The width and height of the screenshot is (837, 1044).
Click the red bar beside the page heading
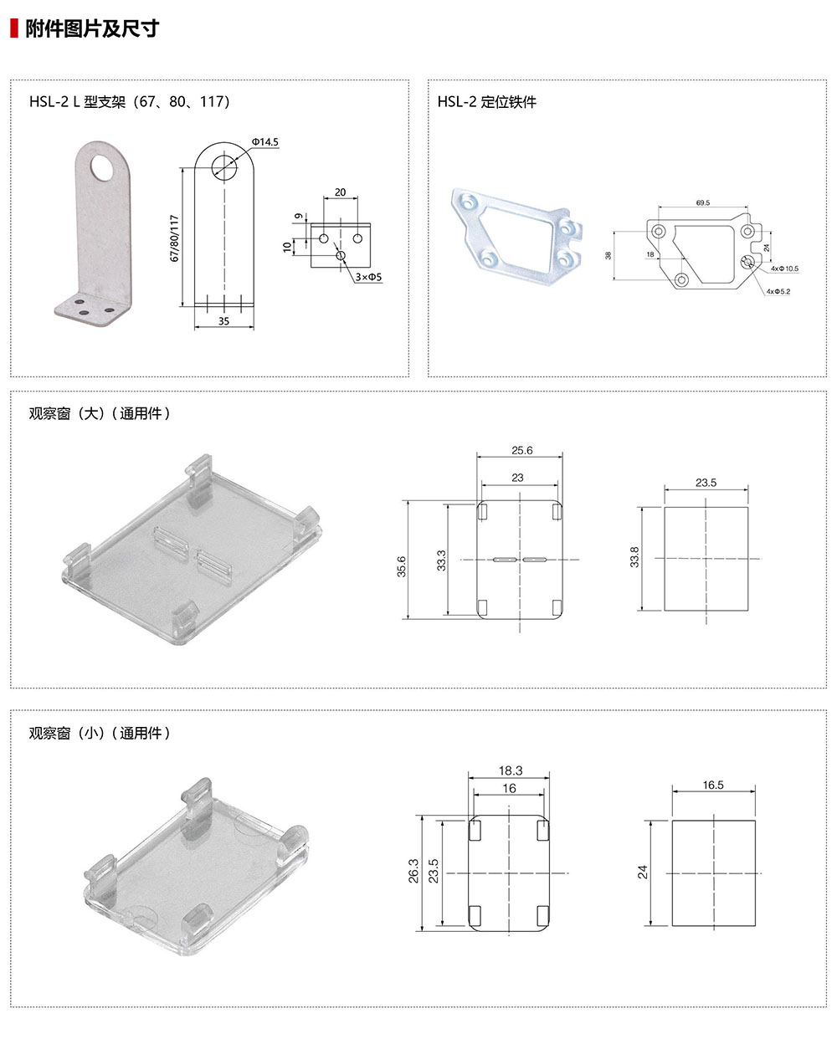pyautogui.click(x=13, y=28)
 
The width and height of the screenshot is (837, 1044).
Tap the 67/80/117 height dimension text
pyautogui.click(x=175, y=238)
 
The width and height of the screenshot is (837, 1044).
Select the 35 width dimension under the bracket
pyautogui.click(x=223, y=320)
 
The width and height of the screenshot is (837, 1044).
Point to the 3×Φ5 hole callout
pyautogui.click(x=368, y=276)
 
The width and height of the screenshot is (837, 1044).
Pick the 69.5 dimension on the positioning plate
pyautogui.click(x=703, y=202)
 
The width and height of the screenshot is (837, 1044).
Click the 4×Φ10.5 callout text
pyautogui.click(x=784, y=269)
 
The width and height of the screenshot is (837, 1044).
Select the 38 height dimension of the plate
pyautogui.click(x=608, y=255)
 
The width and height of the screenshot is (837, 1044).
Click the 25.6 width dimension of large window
pyautogui.click(x=521, y=450)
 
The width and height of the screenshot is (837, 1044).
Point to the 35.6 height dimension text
pyautogui.click(x=402, y=566)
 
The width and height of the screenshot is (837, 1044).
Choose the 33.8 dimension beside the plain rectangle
pyautogui.click(x=634, y=557)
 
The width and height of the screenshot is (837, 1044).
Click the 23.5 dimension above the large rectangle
pyautogui.click(x=706, y=483)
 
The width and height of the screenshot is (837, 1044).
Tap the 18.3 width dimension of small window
pyautogui.click(x=510, y=770)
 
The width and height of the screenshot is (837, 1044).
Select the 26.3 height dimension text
pyautogui.click(x=413, y=870)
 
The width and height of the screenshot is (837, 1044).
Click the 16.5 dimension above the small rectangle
pyautogui.click(x=713, y=785)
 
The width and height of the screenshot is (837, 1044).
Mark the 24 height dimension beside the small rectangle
pyautogui.click(x=643, y=872)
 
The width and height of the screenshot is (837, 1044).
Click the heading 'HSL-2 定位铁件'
pyautogui.click(x=486, y=102)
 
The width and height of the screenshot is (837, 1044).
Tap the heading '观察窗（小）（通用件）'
pyautogui.click(x=100, y=733)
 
